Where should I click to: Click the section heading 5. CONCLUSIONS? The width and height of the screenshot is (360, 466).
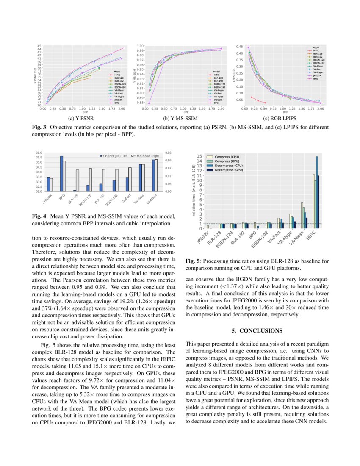(257, 330)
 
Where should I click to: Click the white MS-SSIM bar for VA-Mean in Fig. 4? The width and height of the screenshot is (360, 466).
(156, 175)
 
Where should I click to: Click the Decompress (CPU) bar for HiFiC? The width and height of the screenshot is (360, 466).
(316, 192)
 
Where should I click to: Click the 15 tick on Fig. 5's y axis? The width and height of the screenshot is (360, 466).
(199, 156)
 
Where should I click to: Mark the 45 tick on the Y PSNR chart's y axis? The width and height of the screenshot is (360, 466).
(39, 46)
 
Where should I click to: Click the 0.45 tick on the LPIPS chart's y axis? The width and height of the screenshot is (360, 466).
(239, 47)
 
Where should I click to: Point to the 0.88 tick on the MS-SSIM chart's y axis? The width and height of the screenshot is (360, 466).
(139, 103)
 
